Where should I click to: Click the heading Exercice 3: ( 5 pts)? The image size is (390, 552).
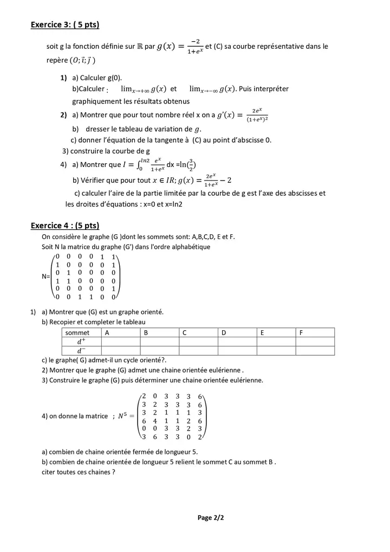(x=65, y=25)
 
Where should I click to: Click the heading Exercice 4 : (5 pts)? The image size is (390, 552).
(x=65, y=226)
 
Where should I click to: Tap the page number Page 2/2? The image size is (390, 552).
(x=211, y=518)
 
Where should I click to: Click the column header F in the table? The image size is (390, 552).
(x=301, y=332)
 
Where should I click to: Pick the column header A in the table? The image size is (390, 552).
(x=107, y=332)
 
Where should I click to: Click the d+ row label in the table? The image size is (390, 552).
(x=81, y=342)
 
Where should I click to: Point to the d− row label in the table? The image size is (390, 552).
(x=81, y=350)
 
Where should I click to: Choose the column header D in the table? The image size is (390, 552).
(x=224, y=332)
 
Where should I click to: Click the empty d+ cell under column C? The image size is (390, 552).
(x=198, y=342)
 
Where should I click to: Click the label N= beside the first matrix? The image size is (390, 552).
(x=46, y=277)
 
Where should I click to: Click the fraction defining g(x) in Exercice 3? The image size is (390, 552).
(x=194, y=47)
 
